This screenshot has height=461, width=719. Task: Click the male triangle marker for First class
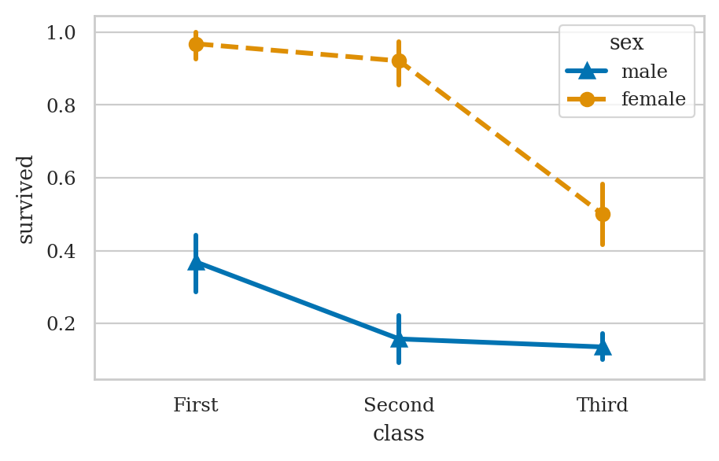(196, 262)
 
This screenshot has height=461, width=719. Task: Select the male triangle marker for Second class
(399, 339)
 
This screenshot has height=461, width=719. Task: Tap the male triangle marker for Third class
(603, 346)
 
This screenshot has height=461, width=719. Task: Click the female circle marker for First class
(196, 44)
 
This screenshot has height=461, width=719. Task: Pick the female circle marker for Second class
(399, 61)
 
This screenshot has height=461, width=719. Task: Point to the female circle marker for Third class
(603, 214)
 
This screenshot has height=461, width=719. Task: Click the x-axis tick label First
(196, 406)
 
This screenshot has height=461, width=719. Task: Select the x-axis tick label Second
(399, 406)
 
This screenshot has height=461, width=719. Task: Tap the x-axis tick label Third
(603, 406)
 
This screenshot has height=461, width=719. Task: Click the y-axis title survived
(26, 199)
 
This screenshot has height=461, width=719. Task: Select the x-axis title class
(399, 434)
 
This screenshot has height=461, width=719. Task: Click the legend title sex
(626, 43)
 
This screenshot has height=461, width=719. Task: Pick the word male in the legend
(644, 72)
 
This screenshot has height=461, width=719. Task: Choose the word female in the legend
(654, 100)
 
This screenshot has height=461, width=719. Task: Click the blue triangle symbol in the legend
(587, 72)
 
